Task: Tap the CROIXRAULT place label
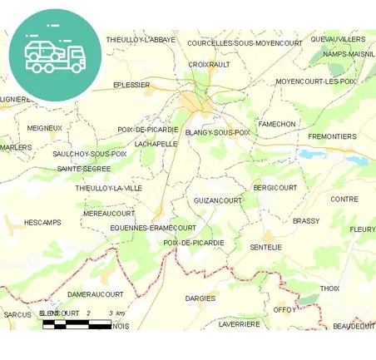point(209,64)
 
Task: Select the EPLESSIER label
point(131,85)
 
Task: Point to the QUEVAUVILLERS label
point(337,39)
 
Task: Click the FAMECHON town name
point(276,124)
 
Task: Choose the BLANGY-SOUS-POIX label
point(217,132)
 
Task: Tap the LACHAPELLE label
point(156,143)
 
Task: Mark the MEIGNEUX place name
point(44,128)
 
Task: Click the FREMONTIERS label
point(332,136)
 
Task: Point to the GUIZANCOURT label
point(217,200)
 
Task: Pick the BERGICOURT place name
point(275,188)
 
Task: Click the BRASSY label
point(305,221)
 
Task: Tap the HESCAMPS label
point(42,223)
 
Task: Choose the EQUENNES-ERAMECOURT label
point(153,227)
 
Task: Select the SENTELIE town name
point(266,247)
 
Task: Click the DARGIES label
point(200,298)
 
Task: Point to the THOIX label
point(329,288)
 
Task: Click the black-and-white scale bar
point(77,323)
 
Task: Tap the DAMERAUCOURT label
point(95,294)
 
